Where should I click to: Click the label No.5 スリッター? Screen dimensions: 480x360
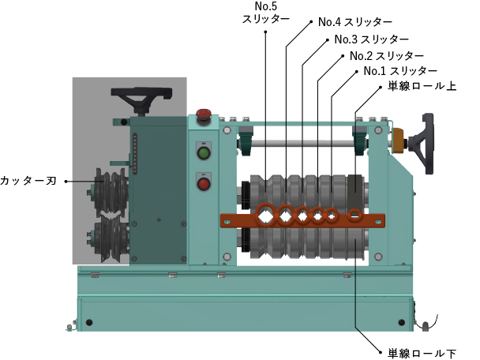[x=266, y=13]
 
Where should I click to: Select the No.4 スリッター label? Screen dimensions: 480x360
[x=355, y=22]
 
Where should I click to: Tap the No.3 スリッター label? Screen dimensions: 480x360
[x=372, y=39]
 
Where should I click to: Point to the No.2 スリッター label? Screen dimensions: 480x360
[x=387, y=56]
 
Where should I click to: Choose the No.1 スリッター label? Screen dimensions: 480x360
[x=400, y=71]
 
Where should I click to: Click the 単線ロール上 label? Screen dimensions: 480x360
[x=422, y=86]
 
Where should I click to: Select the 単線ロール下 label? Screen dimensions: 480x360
[x=422, y=354]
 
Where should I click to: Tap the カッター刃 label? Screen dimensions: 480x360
[x=28, y=181]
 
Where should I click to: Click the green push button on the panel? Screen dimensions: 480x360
[x=204, y=153]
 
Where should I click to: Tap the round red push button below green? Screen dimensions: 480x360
[x=204, y=184]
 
